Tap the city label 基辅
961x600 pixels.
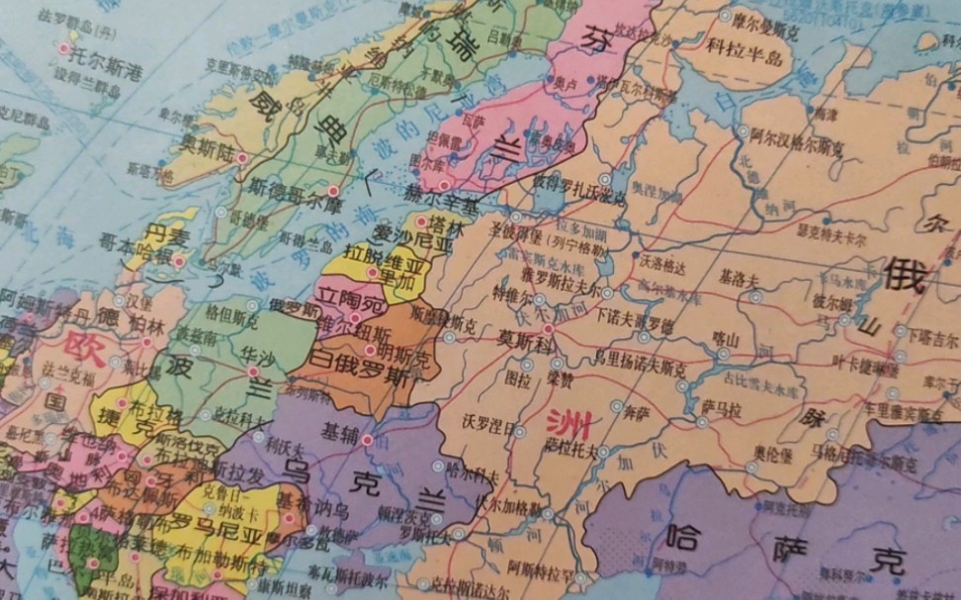point(338,432)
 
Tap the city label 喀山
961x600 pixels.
point(725,338)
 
